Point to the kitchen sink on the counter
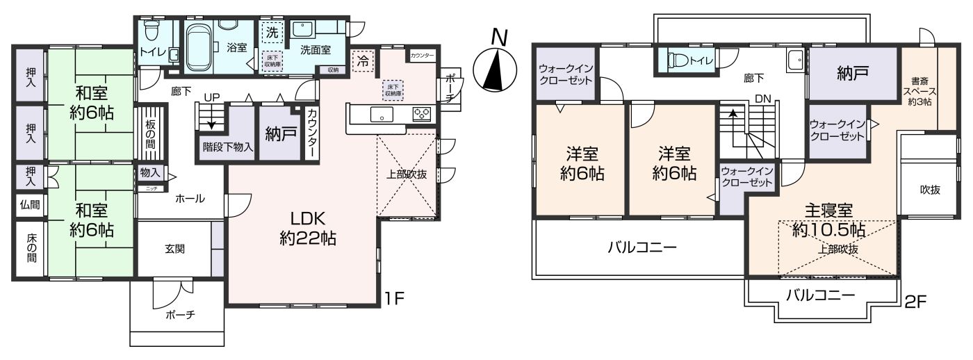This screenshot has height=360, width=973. pos(382,115)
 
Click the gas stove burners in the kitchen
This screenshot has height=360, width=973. pos(421,115)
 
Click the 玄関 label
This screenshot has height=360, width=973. pos(174,248)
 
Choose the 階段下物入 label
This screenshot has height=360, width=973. pos(227,147)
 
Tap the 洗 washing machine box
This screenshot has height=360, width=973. pos(272,33)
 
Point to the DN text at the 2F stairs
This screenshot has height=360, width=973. pos(762,99)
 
